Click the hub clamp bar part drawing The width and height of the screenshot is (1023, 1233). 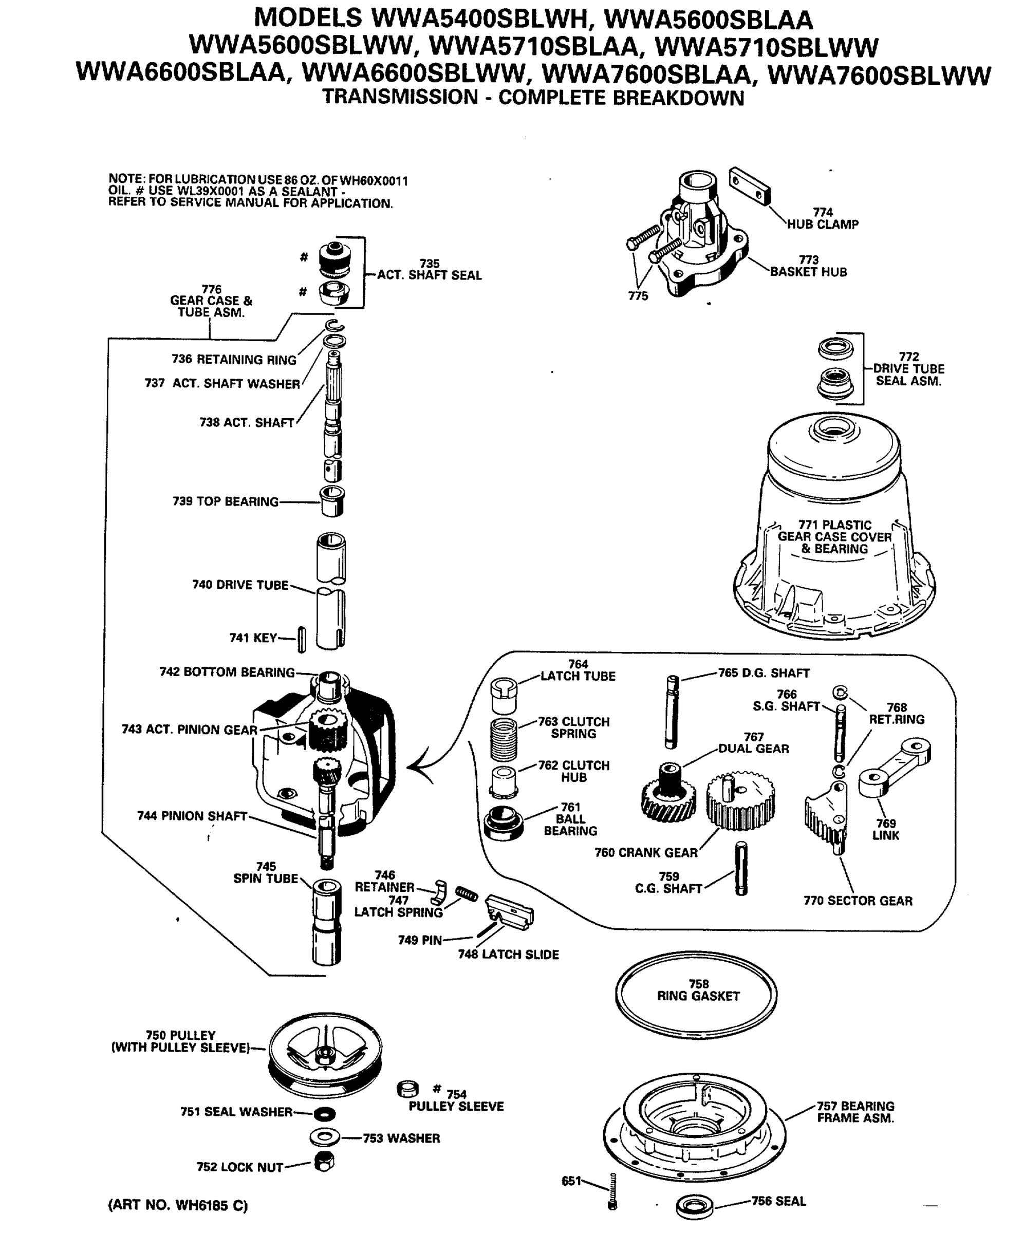click(x=749, y=186)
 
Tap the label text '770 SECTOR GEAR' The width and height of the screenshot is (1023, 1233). click(x=858, y=901)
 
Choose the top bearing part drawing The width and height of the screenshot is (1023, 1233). click(x=332, y=501)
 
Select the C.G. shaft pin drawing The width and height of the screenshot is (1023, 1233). click(x=741, y=868)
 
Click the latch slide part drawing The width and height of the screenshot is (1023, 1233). click(x=510, y=912)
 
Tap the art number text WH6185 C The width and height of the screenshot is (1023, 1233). click(x=177, y=1205)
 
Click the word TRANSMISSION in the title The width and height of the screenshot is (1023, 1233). click(x=400, y=97)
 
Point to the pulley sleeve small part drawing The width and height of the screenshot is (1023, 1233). click(x=408, y=1089)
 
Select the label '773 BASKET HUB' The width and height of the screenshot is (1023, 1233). click(x=808, y=266)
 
